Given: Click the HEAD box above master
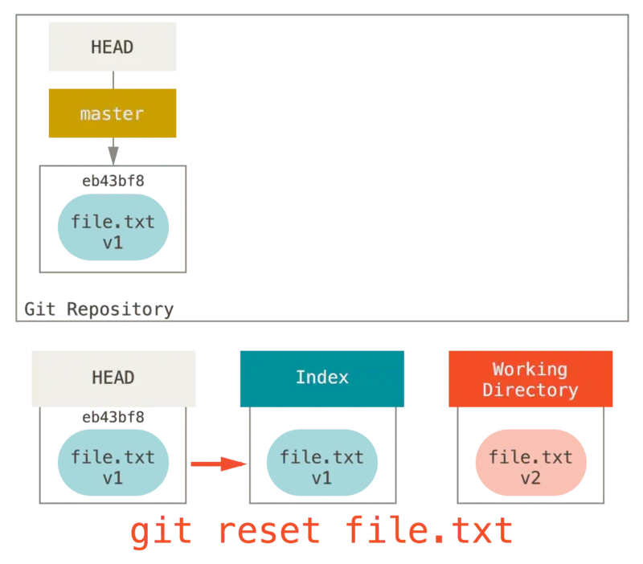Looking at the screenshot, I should click(x=112, y=47).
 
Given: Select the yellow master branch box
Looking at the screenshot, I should click(x=112, y=114).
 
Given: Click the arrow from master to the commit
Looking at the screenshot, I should click(x=114, y=151).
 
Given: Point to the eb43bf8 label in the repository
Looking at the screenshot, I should click(x=113, y=181).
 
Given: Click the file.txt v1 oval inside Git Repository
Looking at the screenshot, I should click(x=113, y=231).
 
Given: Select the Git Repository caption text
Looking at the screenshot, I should click(x=99, y=309).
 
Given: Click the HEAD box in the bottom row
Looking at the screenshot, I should click(x=113, y=378).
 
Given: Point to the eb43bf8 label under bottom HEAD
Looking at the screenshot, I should click(x=113, y=417).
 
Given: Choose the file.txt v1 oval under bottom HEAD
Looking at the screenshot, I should click(x=113, y=467).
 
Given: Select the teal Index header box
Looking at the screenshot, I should click(x=321, y=378).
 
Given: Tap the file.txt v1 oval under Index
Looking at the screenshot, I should click(x=321, y=467).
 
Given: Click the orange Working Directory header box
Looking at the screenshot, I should click(x=530, y=379).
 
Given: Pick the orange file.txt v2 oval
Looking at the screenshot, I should click(x=530, y=467).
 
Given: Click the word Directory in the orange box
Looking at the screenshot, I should click(x=530, y=390).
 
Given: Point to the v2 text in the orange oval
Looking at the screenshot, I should click(x=530, y=477).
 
